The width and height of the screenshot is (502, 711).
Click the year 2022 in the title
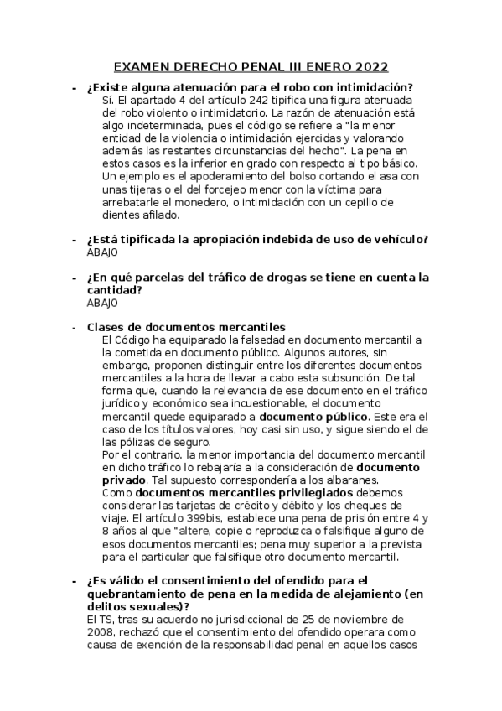coord(370,68)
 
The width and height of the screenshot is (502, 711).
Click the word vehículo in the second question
coord(401,240)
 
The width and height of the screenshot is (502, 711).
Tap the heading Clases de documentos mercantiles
coord(186,327)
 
